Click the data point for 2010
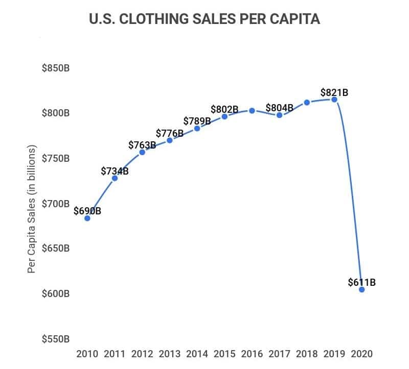point(87,218)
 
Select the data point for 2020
point(362,289)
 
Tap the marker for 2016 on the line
point(252,110)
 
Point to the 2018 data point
point(307,102)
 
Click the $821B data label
point(334,92)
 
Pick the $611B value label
point(362,282)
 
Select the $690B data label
point(87,211)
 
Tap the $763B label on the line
point(142,145)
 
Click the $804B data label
point(280,108)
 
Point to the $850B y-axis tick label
point(56,68)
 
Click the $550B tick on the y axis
point(56,339)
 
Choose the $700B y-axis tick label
point(56,204)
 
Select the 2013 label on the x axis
point(170,354)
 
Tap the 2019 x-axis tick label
point(334,354)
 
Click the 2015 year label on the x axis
point(224,354)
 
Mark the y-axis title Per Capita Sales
point(32,209)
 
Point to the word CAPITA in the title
point(296,20)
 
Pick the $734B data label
point(115,171)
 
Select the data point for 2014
point(197,128)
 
